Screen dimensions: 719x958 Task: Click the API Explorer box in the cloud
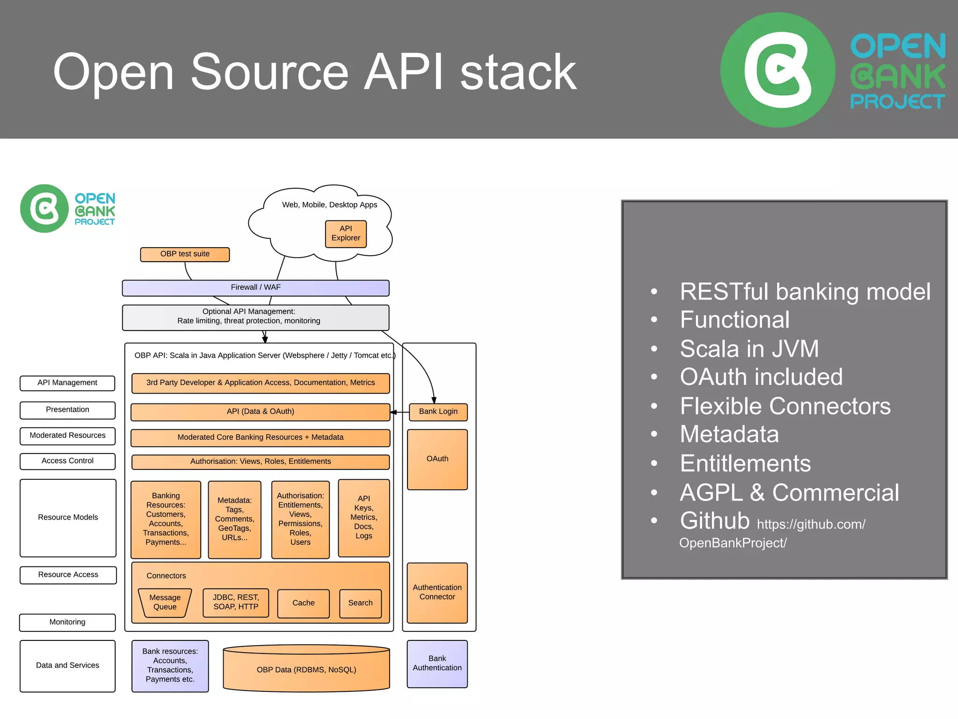[x=346, y=234]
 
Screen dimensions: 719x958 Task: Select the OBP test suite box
[x=185, y=254]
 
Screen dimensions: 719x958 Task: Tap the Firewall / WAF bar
[x=255, y=288]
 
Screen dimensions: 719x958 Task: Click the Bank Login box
[x=438, y=411]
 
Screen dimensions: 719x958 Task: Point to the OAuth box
[x=437, y=459]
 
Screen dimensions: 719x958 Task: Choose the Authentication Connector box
[x=437, y=593]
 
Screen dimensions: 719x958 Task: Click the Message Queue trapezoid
[x=165, y=602]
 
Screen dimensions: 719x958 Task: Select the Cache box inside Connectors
[x=304, y=603]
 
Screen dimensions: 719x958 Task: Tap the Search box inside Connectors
[x=360, y=603]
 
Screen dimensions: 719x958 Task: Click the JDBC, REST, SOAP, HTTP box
[x=236, y=602]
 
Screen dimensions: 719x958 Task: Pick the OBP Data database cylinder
[x=306, y=669]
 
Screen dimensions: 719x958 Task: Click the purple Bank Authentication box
[x=437, y=664]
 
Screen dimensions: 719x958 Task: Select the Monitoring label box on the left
[x=67, y=622]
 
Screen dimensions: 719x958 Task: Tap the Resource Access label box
[x=68, y=575]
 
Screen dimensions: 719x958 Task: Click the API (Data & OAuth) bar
[x=260, y=412]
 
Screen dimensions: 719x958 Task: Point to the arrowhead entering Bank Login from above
[x=434, y=400]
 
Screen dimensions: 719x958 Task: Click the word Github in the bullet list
[x=714, y=521]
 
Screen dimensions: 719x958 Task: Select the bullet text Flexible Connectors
[x=785, y=406]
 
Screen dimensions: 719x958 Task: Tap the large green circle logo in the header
[x=777, y=70]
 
